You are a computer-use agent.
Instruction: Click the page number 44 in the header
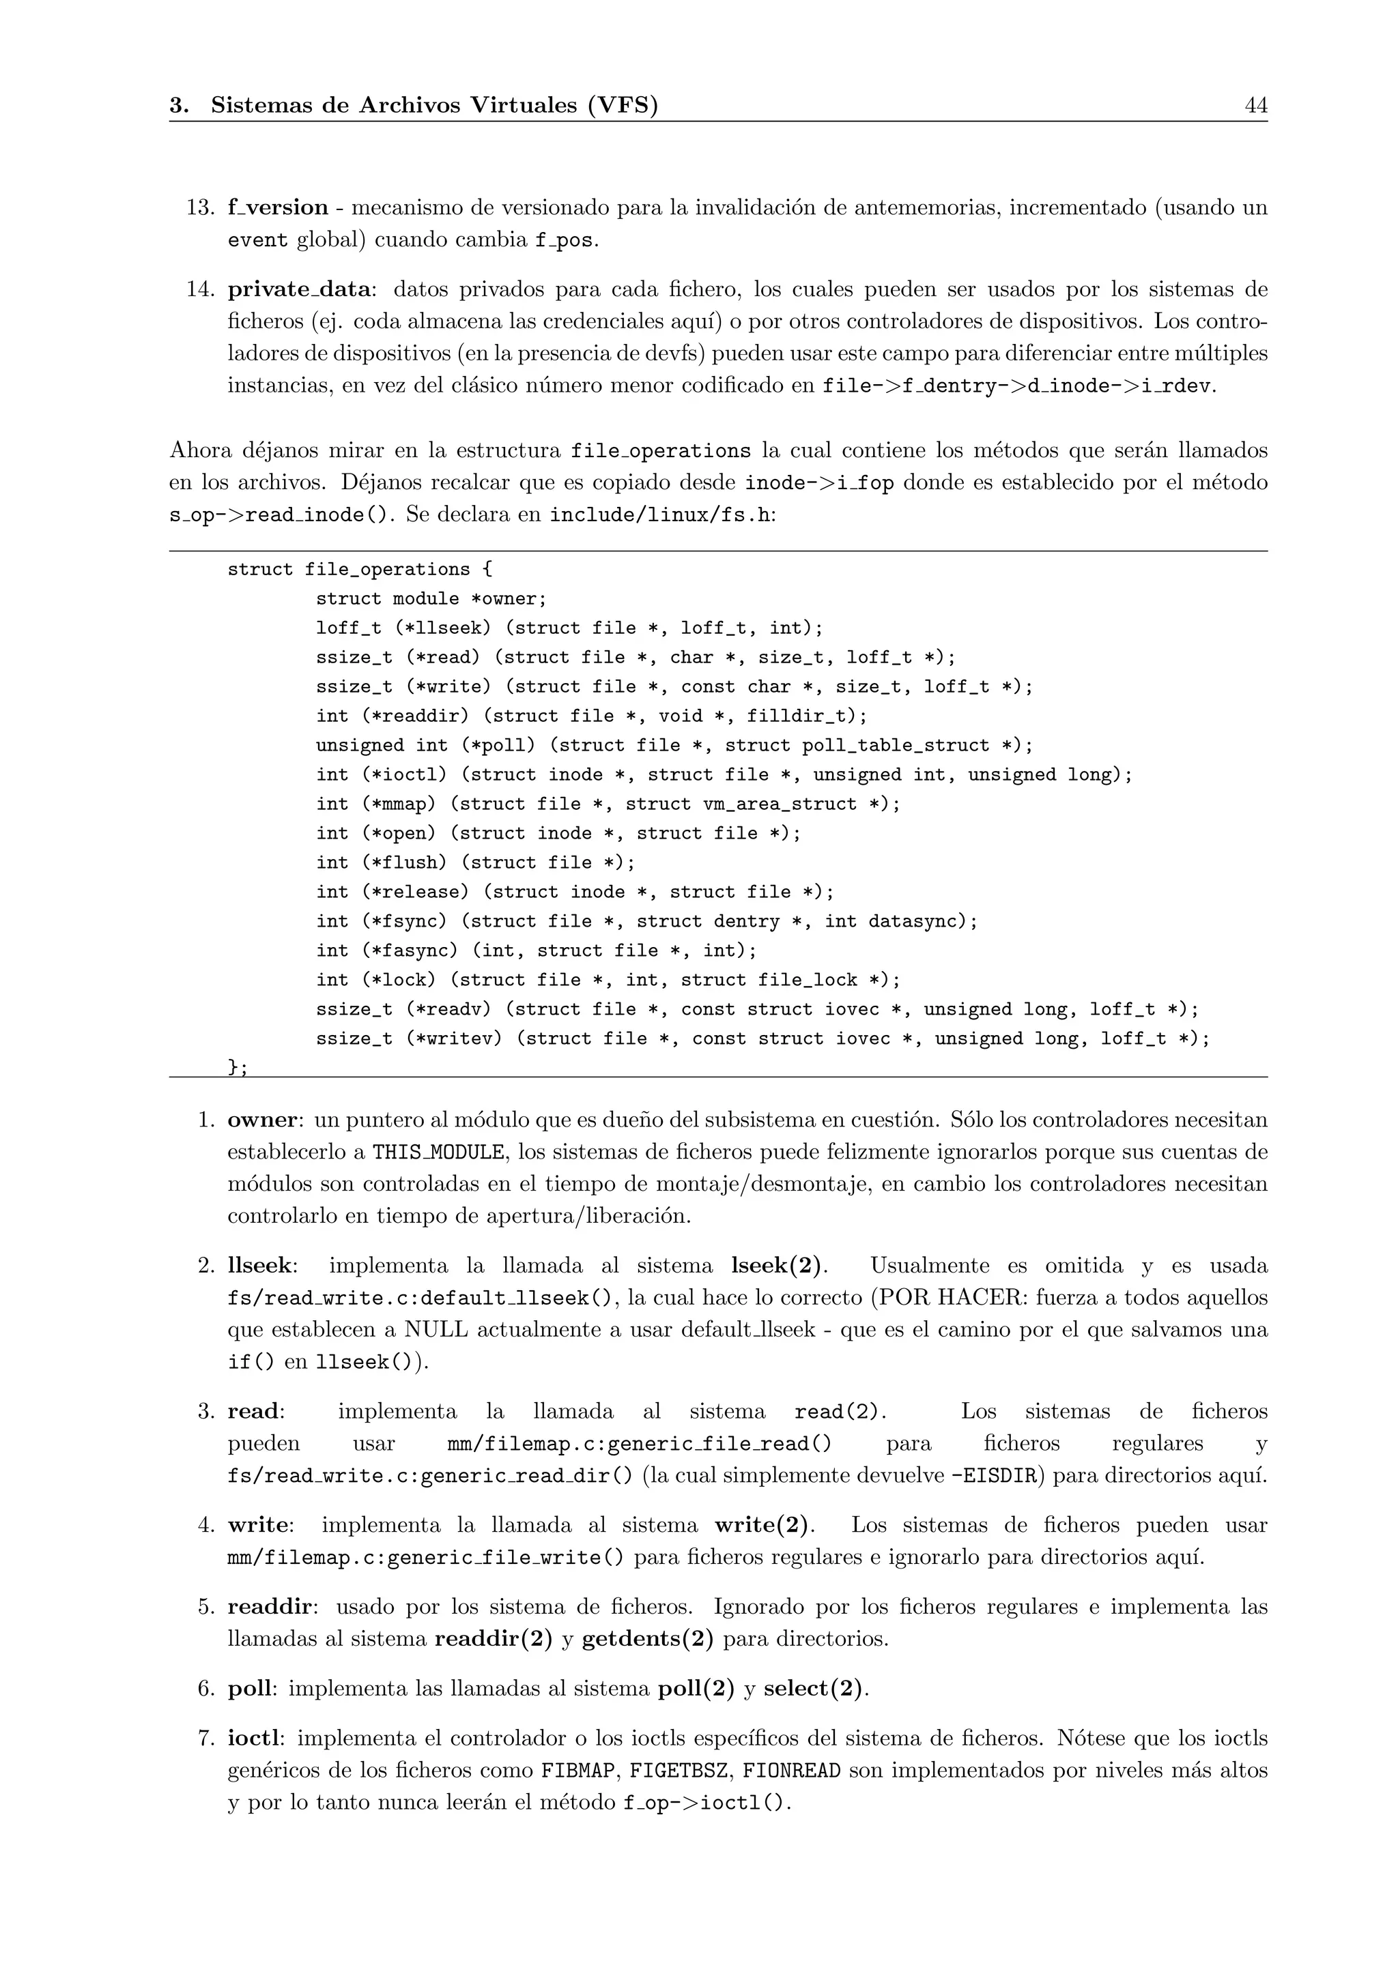point(1255,106)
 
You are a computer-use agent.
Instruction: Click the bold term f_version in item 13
point(277,207)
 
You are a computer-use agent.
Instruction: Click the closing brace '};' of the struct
point(238,1067)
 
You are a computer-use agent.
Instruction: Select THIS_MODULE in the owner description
point(438,1152)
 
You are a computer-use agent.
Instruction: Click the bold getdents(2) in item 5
point(647,1640)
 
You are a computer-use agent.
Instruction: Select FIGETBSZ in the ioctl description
point(681,1771)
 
